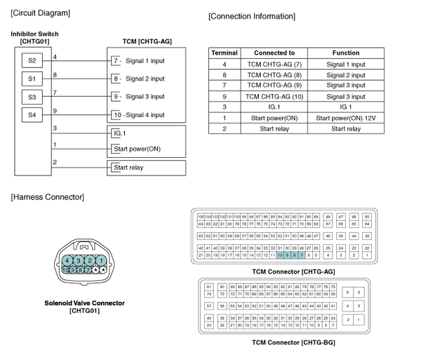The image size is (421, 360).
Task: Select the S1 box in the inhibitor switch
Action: [x=32, y=79]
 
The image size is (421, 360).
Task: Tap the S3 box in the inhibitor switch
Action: [x=32, y=96]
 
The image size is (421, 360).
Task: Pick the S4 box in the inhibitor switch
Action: [x=32, y=114]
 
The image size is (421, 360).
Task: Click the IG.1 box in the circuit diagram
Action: [x=120, y=133]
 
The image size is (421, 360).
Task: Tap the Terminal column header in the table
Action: [x=225, y=53]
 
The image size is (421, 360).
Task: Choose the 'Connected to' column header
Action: [x=274, y=53]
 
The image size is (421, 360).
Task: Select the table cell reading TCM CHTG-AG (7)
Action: [x=274, y=64]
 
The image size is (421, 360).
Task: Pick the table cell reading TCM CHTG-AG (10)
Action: [x=274, y=96]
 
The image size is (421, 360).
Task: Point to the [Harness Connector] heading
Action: [x=48, y=196]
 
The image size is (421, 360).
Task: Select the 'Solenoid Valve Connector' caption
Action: [x=84, y=303]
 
